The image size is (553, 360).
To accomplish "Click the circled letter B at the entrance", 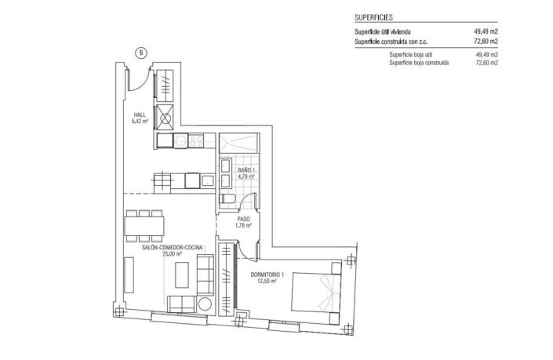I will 140,53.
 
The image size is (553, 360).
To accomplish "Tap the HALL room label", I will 140,115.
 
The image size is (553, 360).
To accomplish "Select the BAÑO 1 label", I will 246,169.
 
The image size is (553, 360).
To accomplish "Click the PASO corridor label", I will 243,220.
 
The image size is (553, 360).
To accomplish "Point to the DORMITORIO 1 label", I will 267,274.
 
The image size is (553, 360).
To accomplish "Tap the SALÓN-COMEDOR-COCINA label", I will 172,247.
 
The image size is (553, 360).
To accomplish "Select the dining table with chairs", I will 144,225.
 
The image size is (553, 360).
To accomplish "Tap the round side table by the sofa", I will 206,304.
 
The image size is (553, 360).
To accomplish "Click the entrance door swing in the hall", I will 140,78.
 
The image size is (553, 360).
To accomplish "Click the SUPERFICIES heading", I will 373,16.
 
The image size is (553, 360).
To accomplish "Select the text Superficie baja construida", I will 419,63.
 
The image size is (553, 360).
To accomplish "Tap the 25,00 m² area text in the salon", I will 172,254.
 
